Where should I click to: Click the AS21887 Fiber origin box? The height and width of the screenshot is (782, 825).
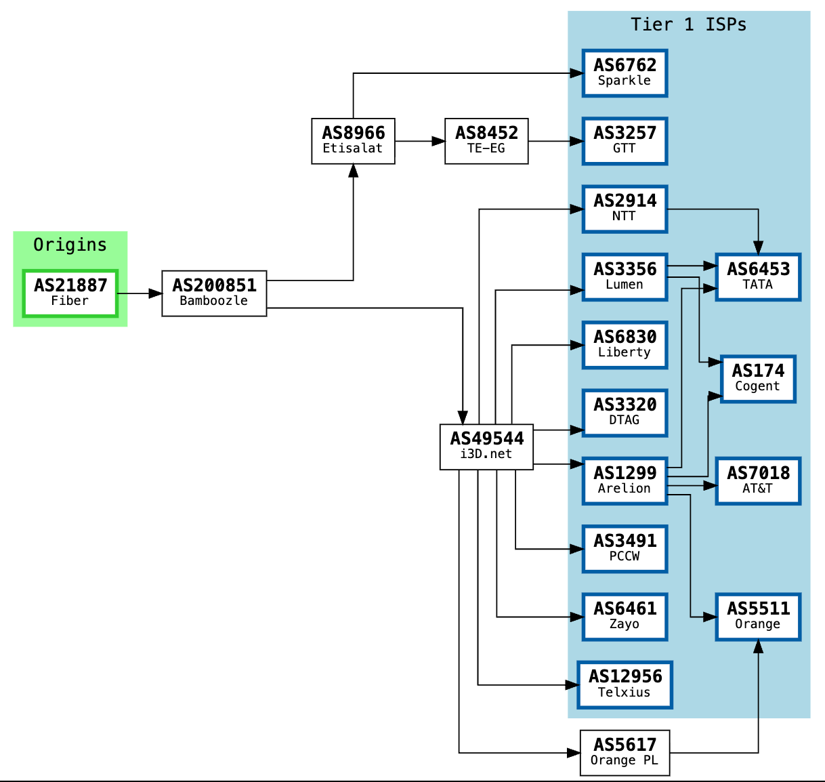(x=70, y=293)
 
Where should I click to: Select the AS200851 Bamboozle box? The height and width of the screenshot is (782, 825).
(x=214, y=293)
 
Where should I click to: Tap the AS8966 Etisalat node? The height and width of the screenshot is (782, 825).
(x=353, y=141)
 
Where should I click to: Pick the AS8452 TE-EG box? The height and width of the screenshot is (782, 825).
(x=486, y=141)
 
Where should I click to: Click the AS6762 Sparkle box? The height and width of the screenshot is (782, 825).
(x=625, y=73)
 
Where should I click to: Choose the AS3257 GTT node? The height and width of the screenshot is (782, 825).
(x=625, y=141)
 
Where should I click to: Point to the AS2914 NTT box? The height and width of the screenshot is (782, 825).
(x=625, y=209)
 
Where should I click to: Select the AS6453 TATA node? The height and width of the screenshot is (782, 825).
(x=758, y=277)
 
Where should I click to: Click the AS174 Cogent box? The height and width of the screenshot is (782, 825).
(x=758, y=379)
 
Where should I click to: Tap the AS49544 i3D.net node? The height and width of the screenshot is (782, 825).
(x=486, y=447)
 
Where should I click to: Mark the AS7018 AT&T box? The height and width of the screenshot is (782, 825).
(x=758, y=481)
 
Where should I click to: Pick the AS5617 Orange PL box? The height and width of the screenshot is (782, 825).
(x=625, y=753)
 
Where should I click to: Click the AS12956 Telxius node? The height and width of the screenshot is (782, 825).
(x=625, y=685)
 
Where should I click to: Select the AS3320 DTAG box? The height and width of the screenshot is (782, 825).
(x=625, y=413)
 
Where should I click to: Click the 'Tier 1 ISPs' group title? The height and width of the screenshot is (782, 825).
(x=689, y=25)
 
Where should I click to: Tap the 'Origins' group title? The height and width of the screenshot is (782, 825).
(x=70, y=245)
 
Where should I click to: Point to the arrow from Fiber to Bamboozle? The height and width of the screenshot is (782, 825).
(x=140, y=293)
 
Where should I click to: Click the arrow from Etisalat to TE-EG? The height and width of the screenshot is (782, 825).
(x=420, y=141)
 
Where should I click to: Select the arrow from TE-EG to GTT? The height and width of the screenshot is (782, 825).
(x=555, y=141)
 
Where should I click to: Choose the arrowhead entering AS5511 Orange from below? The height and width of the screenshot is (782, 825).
(x=758, y=646)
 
